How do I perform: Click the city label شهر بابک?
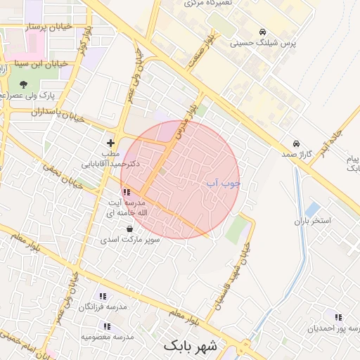click(x=192, y=346)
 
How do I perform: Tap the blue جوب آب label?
click(x=223, y=184)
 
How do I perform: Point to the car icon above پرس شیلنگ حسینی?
click(x=262, y=32)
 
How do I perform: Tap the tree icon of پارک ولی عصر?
click(x=24, y=84)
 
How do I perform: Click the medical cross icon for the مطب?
click(x=110, y=143)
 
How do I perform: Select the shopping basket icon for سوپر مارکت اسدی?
click(x=130, y=229)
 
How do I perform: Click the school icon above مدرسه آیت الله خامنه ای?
click(x=126, y=191)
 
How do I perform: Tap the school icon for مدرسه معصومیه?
click(x=107, y=326)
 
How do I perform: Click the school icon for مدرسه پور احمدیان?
click(x=338, y=318)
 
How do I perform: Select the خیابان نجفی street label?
click(x=64, y=177)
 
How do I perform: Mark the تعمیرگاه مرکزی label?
click(x=208, y=4)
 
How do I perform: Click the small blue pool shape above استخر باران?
click(x=313, y=209)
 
